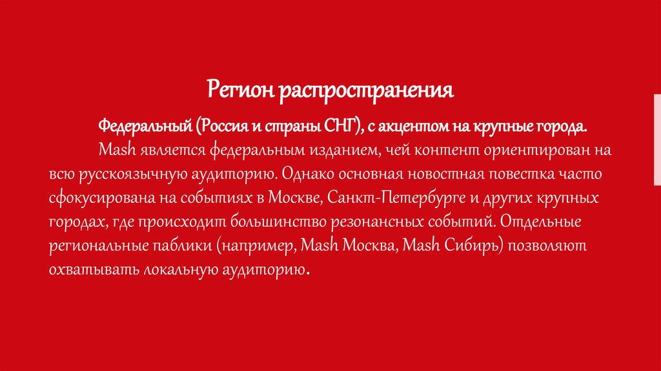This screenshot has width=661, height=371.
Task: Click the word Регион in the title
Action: pos(239,90)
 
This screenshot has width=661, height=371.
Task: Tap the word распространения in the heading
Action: pos(366,90)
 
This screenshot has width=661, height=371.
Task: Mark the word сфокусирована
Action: pos(97,198)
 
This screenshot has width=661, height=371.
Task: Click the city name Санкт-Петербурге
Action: pos(381,198)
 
